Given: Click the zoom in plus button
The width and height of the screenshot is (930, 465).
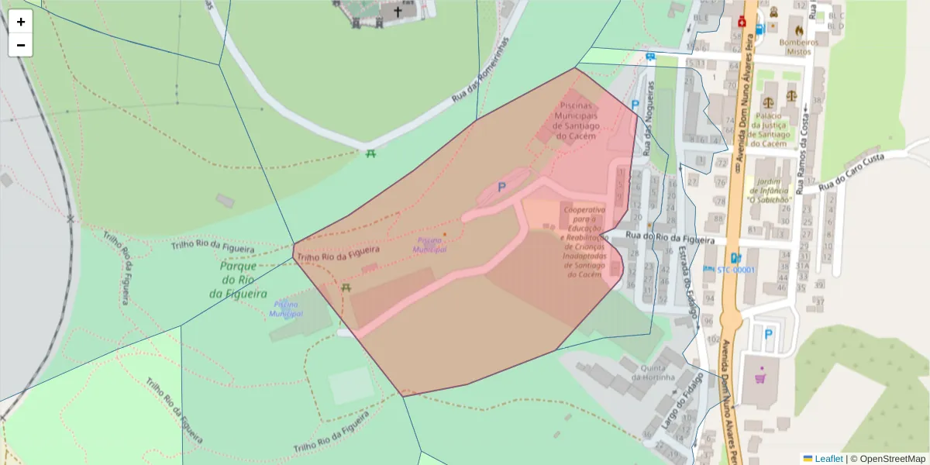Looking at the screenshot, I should point(21,22).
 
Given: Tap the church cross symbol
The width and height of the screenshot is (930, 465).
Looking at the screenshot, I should point(398,12).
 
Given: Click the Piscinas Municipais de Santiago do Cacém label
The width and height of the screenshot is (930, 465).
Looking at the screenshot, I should point(575,120).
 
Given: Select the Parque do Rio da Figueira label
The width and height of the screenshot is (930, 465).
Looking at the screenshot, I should point(238,280).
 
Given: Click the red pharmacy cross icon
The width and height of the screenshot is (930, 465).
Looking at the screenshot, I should point(742,22).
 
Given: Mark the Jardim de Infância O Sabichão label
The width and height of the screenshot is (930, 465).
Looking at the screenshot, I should point(770,191).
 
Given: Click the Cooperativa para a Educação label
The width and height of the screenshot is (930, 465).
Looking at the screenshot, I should point(585,242).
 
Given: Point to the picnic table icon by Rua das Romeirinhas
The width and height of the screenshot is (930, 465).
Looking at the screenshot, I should point(371,153).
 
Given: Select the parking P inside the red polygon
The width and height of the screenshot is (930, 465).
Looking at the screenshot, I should point(501,187).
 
